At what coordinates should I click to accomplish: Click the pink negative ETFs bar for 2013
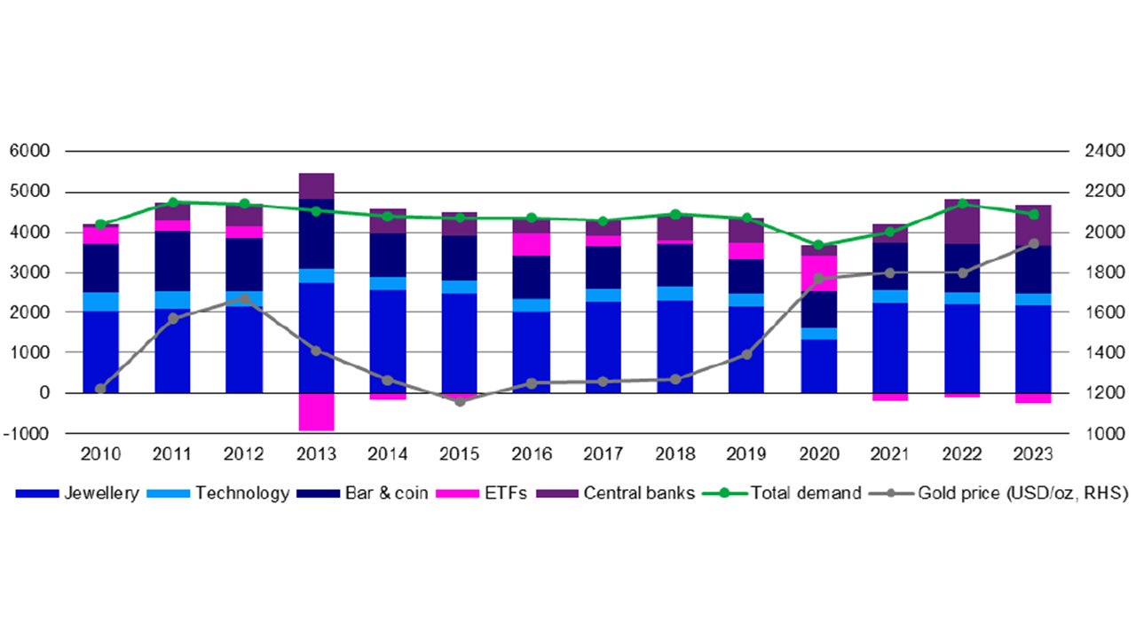coord(316,412)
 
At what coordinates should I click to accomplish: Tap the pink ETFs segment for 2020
coord(818,272)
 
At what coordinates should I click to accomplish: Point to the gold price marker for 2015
coord(460,402)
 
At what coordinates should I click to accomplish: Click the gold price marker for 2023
coord(1033,243)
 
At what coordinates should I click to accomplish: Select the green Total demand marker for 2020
coord(818,245)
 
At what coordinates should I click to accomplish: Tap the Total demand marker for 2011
coord(172,202)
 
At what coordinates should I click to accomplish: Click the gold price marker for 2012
coord(244,299)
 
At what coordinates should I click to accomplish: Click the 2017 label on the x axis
coord(603,454)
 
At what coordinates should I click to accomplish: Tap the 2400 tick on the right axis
coord(1101,152)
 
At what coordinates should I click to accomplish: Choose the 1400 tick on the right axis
coord(1101,353)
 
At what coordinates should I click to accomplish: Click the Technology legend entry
coord(242,493)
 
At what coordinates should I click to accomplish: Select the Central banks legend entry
coord(639,493)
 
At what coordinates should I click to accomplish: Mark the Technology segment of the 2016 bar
coord(532,304)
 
